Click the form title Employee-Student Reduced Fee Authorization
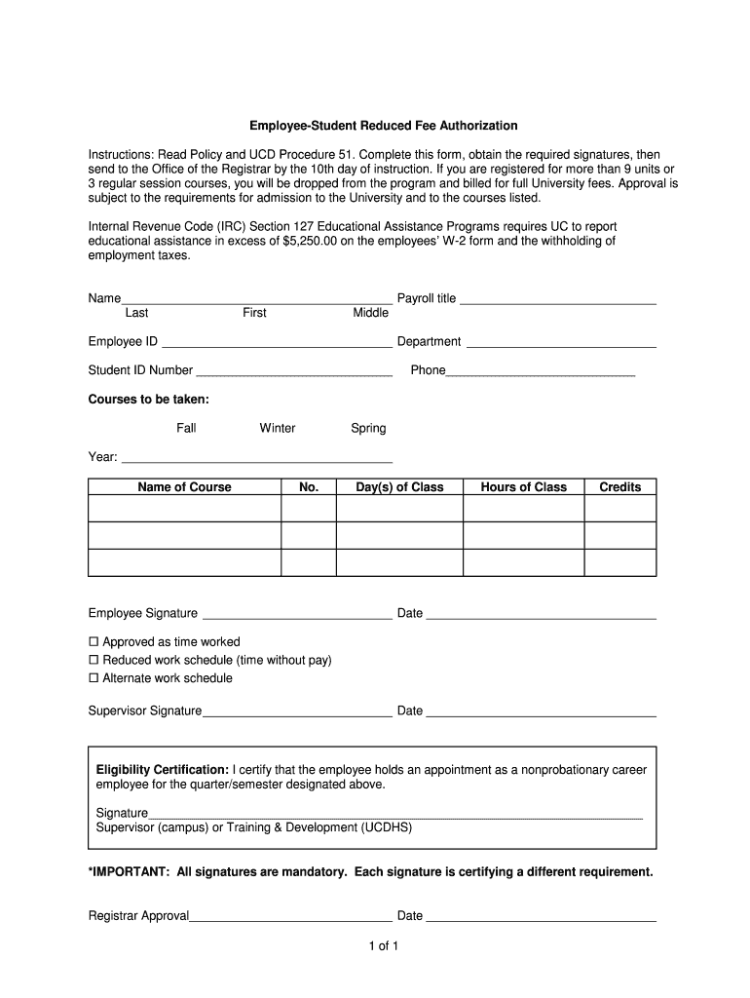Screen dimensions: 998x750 click(383, 126)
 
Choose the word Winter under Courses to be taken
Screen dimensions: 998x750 click(278, 428)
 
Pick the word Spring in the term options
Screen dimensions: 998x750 click(368, 428)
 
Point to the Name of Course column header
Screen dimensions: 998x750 click(184, 487)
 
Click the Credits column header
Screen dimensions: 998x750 click(619, 487)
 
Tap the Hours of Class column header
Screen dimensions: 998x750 click(523, 487)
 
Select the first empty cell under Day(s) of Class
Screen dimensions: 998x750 click(399, 509)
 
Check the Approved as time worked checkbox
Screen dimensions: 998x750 click(94, 642)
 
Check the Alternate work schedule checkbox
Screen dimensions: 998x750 click(94, 678)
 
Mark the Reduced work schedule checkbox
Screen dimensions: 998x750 click(94, 661)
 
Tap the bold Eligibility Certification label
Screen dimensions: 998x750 click(162, 770)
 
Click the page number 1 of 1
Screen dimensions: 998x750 click(376, 945)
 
